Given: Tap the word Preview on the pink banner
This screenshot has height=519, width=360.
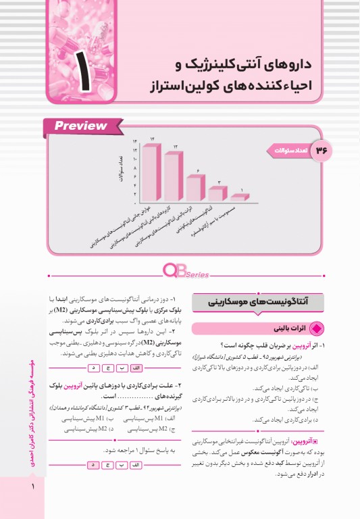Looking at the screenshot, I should pyautogui.click(x=81, y=126).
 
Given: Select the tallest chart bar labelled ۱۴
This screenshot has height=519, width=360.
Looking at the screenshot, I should pyautogui.click(x=151, y=170).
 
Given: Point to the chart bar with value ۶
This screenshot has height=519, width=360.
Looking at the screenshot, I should pyautogui.click(x=195, y=187).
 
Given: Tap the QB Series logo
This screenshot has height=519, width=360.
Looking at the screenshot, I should pyautogui.click(x=180, y=272).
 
